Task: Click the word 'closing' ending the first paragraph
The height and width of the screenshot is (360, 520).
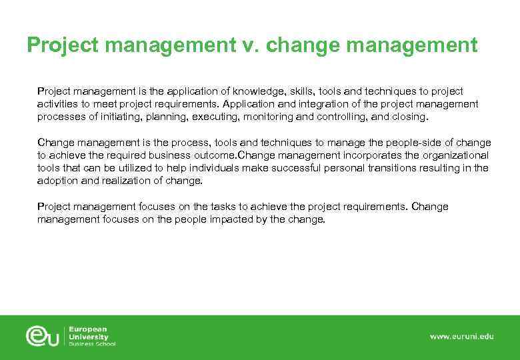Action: click(x=408, y=117)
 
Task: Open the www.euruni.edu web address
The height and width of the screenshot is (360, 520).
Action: click(x=461, y=337)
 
